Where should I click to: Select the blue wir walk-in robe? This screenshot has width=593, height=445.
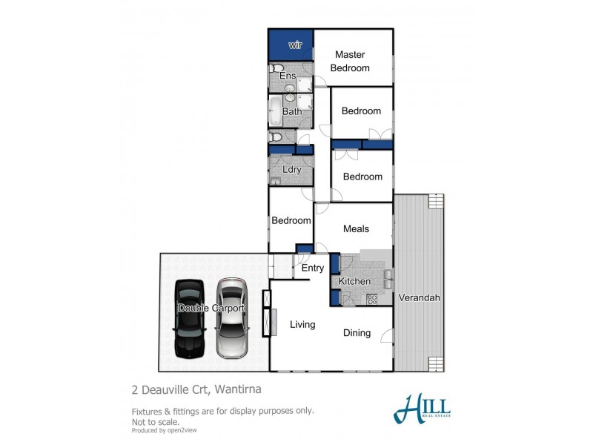click(x=291, y=45)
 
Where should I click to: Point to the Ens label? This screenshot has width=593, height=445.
click(x=288, y=76)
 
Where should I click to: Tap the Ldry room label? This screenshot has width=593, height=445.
click(x=291, y=169)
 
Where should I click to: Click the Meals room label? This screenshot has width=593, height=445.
click(x=356, y=228)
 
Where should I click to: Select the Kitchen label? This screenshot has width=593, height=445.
click(x=354, y=281)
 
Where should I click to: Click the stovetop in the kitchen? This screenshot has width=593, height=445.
click(x=372, y=299)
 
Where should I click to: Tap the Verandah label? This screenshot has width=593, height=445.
click(x=420, y=297)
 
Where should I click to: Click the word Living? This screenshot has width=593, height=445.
click(x=302, y=324)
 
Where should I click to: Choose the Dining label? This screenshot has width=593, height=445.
click(x=357, y=333)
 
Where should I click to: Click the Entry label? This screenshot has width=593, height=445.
click(x=313, y=268)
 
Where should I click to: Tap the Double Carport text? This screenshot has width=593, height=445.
click(x=211, y=308)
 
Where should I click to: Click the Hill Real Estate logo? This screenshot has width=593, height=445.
click(x=423, y=409)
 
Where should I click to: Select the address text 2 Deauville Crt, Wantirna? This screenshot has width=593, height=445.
click(x=196, y=389)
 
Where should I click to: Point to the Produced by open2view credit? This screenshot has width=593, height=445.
click(x=164, y=430)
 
